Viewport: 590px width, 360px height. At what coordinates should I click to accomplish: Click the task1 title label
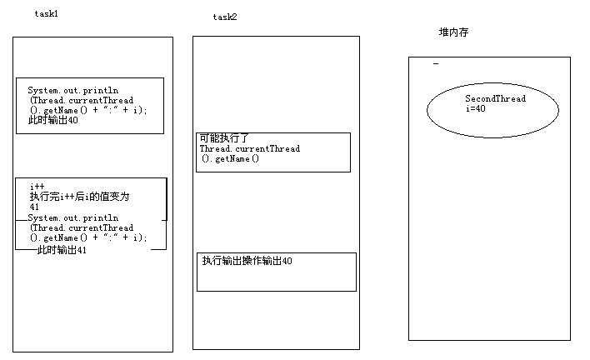click(47, 14)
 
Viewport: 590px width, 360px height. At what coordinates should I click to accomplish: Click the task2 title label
click(225, 17)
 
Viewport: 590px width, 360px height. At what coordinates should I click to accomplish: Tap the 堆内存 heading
click(454, 32)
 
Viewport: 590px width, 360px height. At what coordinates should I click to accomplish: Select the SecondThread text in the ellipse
click(495, 98)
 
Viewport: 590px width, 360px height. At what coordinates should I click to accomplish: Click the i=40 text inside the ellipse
click(476, 108)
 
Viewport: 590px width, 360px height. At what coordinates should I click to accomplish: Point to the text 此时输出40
click(53, 120)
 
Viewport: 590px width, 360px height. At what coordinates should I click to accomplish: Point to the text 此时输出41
click(62, 250)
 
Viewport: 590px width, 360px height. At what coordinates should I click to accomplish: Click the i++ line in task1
click(37, 186)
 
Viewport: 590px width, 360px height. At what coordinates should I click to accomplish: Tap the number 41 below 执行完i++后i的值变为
click(34, 207)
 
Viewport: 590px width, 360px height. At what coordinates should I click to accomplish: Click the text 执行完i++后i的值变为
click(79, 197)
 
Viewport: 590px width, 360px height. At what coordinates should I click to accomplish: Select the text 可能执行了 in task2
click(224, 138)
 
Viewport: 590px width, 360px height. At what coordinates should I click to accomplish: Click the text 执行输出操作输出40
click(247, 261)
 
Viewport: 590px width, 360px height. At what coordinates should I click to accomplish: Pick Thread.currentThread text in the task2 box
click(250, 148)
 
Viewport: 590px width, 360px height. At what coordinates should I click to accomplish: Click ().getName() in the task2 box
click(230, 158)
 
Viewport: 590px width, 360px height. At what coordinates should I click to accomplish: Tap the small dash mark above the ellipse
click(436, 64)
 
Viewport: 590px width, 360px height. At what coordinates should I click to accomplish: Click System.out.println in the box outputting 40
click(73, 90)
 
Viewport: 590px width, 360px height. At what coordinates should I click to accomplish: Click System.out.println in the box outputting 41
click(73, 217)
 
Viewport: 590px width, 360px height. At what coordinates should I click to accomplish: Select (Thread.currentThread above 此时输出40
click(82, 101)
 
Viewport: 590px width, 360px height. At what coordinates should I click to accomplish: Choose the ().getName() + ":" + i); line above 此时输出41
click(88, 237)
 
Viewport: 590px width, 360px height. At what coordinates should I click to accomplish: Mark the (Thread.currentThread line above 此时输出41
click(82, 228)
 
